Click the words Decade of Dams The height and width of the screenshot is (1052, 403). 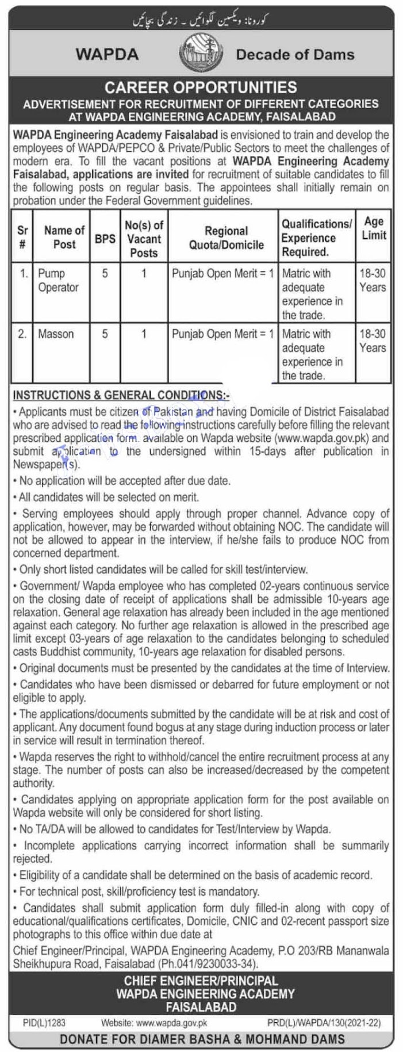(295, 55)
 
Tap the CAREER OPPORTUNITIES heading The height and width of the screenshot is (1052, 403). (201, 87)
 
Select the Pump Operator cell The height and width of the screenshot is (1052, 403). (58, 280)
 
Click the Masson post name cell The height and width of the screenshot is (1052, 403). (56, 334)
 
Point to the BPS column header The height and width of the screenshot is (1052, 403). (105, 238)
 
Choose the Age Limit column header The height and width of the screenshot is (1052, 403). (374, 228)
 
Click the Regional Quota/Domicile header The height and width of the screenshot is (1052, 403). (227, 238)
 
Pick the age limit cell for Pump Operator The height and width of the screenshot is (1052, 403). (373, 280)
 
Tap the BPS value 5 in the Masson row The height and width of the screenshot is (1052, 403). (105, 334)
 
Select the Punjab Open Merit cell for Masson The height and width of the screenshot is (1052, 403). (223, 334)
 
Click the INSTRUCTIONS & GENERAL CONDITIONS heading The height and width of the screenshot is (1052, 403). (121, 395)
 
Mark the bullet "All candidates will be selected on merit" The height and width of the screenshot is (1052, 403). (109, 496)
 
